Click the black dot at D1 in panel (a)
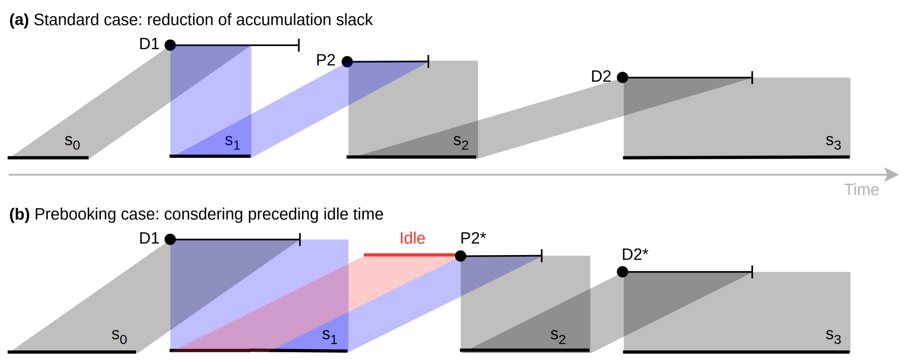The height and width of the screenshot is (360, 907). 170,45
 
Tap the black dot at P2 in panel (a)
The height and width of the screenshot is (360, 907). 347,61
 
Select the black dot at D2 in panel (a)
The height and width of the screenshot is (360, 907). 623,77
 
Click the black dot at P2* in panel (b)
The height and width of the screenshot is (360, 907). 460,256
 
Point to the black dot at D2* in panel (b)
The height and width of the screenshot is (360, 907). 623,271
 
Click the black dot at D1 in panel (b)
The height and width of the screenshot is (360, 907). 170,239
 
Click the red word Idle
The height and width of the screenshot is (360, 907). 412,238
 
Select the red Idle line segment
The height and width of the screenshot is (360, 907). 410,255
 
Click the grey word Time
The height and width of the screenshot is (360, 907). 861,189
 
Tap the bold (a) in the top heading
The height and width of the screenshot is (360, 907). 19,20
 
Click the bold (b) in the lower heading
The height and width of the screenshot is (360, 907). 19,214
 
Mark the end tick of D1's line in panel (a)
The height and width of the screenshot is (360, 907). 299,45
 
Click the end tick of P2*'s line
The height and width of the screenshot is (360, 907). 542,255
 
